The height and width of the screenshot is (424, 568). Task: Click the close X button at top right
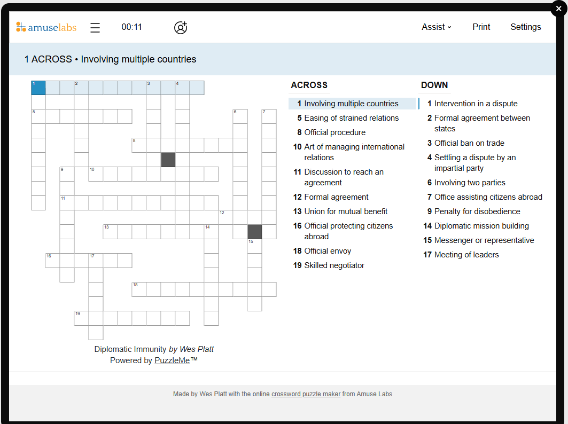(x=559, y=9)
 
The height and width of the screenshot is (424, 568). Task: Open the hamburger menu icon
(x=95, y=28)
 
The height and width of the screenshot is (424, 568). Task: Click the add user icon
(x=181, y=28)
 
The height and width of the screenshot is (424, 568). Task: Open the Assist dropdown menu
(x=436, y=27)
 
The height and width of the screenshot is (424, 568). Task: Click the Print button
(x=481, y=27)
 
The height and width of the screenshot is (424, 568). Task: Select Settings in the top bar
(x=525, y=27)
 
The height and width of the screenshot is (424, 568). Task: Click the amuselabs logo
(x=46, y=27)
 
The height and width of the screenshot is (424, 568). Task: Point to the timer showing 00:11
(x=131, y=27)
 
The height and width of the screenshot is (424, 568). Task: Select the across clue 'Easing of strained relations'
(x=351, y=118)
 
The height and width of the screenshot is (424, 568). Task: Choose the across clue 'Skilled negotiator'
(x=334, y=265)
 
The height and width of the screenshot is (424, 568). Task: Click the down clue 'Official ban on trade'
(x=469, y=143)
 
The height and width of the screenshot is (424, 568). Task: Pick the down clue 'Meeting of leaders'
(x=466, y=255)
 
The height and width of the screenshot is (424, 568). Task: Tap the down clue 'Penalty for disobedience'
(x=477, y=211)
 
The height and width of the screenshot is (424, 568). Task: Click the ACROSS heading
(x=309, y=85)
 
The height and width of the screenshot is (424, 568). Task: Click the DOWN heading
(x=434, y=85)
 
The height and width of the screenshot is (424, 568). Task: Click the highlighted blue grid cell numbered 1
(x=38, y=88)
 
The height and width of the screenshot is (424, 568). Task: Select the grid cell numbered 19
(x=81, y=318)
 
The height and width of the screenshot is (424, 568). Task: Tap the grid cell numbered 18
(x=139, y=289)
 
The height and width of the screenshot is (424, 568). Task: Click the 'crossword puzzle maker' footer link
(x=306, y=394)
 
